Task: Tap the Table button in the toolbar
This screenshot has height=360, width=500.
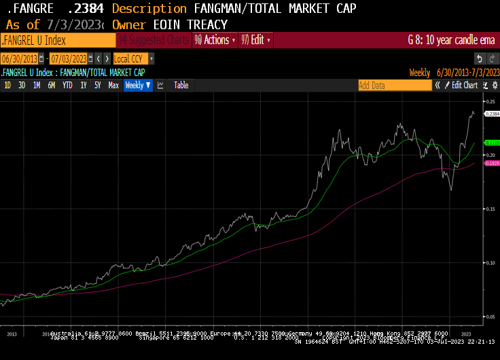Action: [x=181, y=86]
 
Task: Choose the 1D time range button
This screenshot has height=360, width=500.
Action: [x=7, y=86]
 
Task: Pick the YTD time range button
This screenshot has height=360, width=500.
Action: [x=67, y=86]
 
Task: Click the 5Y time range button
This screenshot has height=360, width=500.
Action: [x=98, y=86]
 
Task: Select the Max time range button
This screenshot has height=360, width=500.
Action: [x=113, y=86]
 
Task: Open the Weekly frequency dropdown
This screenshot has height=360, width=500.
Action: [x=138, y=86]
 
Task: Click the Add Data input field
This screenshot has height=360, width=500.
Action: [x=394, y=86]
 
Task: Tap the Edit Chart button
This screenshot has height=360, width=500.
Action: [x=465, y=86]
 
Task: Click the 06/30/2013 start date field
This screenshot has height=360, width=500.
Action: [x=20, y=59]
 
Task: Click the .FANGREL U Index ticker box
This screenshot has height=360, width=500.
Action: [x=58, y=40]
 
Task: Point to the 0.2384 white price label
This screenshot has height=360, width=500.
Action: [x=492, y=114]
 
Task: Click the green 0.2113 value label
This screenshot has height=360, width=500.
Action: [x=492, y=143]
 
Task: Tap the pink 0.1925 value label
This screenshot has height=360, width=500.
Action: [x=492, y=164]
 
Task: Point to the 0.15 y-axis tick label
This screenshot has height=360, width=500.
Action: [x=490, y=209]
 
